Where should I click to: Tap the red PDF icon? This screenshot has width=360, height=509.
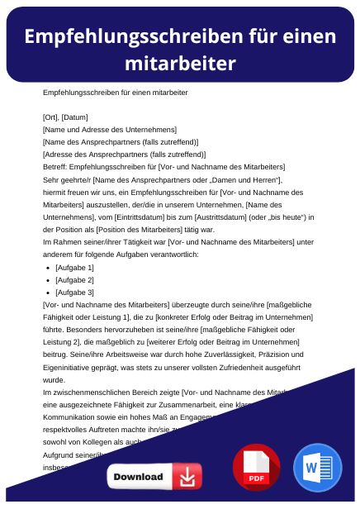coord(256,468)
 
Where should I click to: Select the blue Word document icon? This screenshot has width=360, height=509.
coord(317,468)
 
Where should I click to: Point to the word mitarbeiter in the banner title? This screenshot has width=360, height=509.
coord(180,63)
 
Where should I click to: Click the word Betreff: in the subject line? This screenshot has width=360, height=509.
coord(57,166)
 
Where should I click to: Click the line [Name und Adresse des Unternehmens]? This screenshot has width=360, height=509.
coord(109,129)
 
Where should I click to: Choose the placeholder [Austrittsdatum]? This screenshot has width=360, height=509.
coord(229,216)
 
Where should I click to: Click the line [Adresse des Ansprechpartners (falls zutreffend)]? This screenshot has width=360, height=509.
coord(112,154)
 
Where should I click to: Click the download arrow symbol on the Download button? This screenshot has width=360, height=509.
coord(188,477)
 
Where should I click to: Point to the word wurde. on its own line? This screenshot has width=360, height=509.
coord(54,380)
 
